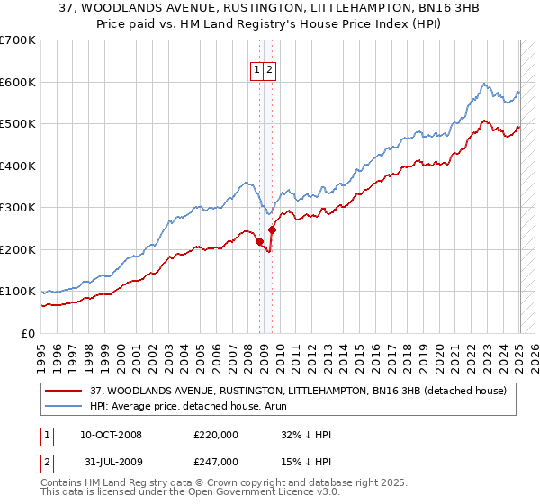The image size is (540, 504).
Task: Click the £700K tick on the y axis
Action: click(x=18, y=40)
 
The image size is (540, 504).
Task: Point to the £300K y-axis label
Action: click(x=18, y=208)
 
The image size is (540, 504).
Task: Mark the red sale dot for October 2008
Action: click(x=259, y=241)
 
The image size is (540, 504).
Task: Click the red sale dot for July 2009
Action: click(x=272, y=229)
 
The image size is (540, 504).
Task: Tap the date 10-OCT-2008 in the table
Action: click(x=111, y=435)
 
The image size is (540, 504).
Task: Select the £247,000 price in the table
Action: click(x=216, y=461)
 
